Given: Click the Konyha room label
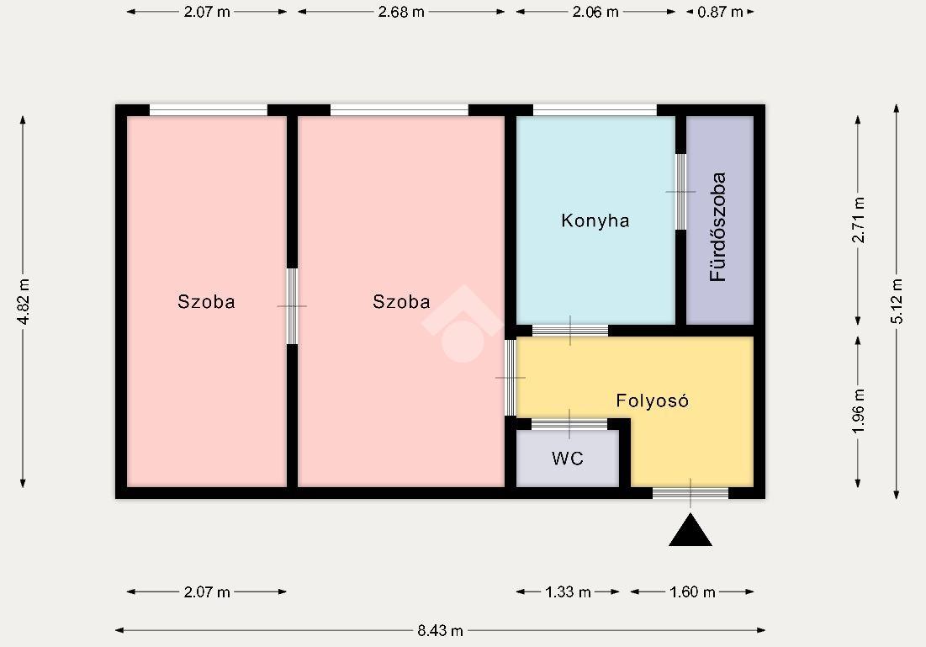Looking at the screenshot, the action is point(595,221).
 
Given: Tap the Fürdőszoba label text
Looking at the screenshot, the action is point(717,227).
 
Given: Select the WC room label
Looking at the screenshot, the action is point(568,459).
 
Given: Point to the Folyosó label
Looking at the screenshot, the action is point(652,400).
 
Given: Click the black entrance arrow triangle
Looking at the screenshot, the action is point(691,531).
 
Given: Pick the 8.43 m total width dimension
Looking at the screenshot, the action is point(441,630).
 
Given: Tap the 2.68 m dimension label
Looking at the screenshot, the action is point(401,12).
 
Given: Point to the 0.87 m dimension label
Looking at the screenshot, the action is point(720,12).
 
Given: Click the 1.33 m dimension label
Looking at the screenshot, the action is point(568,592).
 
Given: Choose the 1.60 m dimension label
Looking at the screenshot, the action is point(692,592).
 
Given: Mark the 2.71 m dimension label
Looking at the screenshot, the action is point(858,220).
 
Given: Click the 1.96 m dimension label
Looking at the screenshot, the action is point(858,411).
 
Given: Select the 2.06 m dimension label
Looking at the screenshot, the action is point(595,12).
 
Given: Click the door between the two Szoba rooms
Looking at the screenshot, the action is point(292,306).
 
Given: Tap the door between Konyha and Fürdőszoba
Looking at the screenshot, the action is point(681,192).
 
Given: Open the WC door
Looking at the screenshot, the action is point(569,424).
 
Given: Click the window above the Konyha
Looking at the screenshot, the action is point(595,110).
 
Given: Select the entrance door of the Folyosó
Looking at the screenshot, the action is point(691,493).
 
